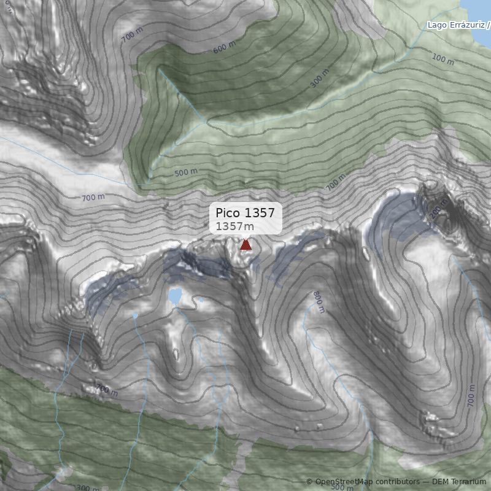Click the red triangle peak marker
coord(245,244)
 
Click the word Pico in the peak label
coord(228,213)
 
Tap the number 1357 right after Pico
coord(260,213)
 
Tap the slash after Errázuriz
coord(489,25)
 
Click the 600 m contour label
coord(224,47)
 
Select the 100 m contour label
coord(443,60)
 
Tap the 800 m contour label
coord(318,301)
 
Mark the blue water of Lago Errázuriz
coord(479,9)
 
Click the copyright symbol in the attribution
coord(309,482)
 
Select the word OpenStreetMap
coord(344,482)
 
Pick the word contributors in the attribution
coord(398,482)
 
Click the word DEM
coord(441,482)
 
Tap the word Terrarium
coord(469,482)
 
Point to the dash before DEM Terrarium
coord(426,482)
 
